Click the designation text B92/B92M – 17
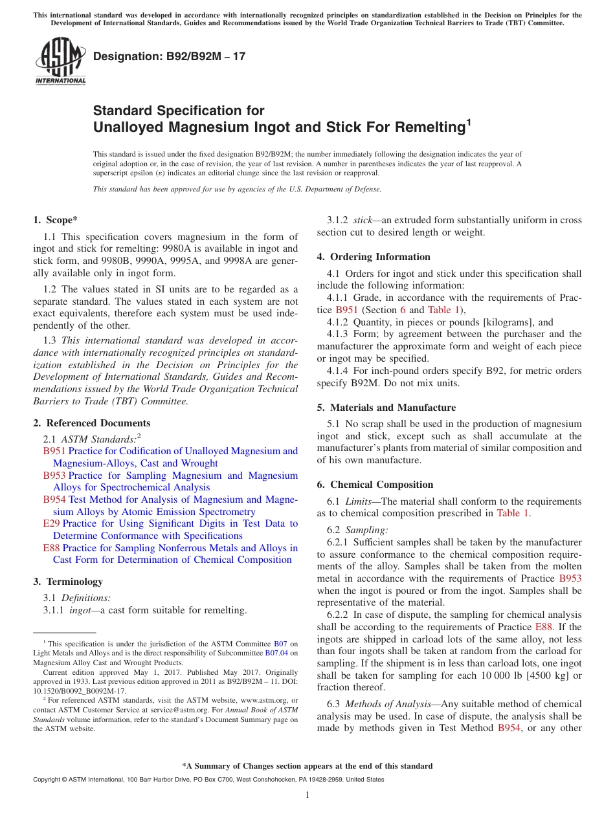[x=170, y=56]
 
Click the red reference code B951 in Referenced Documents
[x=54, y=451]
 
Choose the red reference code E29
[x=52, y=523]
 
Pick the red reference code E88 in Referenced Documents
[x=52, y=548]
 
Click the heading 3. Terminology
[x=68, y=582]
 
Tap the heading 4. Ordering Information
[x=374, y=257]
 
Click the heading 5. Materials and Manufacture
[x=386, y=408]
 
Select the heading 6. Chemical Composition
[x=375, y=485]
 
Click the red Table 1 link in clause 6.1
[x=513, y=514]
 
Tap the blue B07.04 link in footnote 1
[x=278, y=653]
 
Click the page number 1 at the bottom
[x=307, y=795]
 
